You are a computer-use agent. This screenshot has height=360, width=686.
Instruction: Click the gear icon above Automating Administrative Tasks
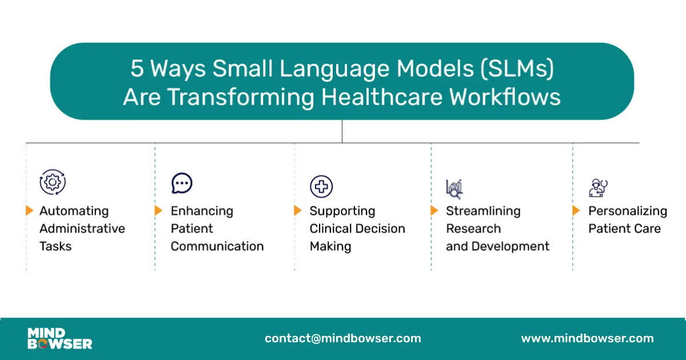(x=53, y=182)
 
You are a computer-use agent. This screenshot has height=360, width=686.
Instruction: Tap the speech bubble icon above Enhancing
(x=182, y=183)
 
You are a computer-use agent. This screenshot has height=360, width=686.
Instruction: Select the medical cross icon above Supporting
(x=321, y=186)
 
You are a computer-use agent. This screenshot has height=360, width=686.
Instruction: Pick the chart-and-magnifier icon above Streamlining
(x=454, y=188)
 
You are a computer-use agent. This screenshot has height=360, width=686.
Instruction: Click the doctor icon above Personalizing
(x=598, y=187)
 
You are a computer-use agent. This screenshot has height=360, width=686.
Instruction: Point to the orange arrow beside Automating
(x=30, y=210)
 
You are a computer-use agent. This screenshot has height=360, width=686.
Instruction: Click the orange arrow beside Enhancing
(x=159, y=210)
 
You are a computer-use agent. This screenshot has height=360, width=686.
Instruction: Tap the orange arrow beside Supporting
(x=298, y=210)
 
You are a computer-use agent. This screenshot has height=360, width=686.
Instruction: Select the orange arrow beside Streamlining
(x=434, y=210)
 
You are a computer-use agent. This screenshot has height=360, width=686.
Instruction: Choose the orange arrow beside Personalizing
(x=576, y=210)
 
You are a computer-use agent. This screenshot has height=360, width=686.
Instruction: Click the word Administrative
(x=82, y=229)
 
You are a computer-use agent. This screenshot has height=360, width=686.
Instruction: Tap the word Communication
(x=217, y=246)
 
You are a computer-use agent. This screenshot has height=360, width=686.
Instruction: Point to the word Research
(x=473, y=229)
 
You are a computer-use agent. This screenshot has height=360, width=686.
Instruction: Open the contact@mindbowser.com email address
(x=343, y=338)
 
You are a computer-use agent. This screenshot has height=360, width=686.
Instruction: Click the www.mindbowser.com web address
(x=587, y=338)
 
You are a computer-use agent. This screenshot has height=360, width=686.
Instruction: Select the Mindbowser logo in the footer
(x=60, y=338)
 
